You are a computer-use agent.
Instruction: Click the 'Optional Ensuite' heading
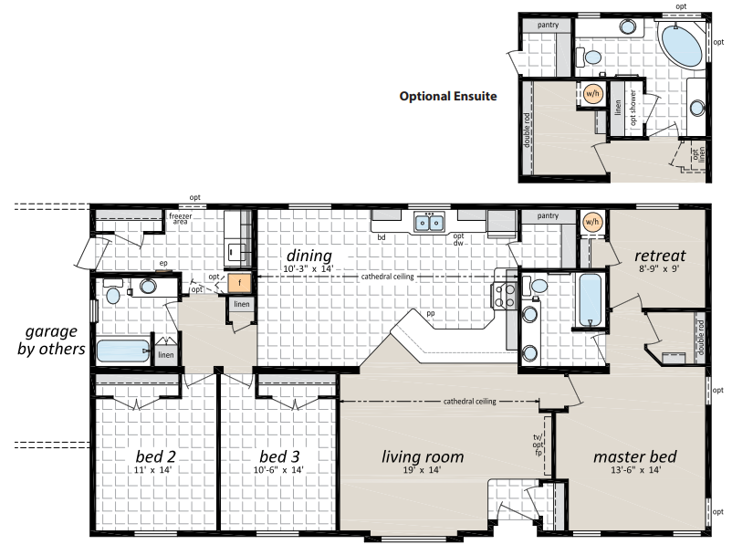click(448, 96)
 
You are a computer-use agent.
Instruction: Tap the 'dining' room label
click(309, 256)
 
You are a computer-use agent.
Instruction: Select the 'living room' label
click(423, 456)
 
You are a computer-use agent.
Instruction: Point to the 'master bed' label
click(635, 456)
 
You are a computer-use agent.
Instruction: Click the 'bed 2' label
click(155, 456)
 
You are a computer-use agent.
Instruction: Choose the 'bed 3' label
click(279, 456)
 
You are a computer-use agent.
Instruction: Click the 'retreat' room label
click(660, 256)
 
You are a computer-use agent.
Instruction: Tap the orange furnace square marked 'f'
click(240, 283)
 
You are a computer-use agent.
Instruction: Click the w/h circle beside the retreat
click(591, 222)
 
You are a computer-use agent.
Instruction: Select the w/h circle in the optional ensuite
click(592, 94)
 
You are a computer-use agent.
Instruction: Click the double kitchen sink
click(430, 223)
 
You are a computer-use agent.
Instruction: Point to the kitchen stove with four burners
click(504, 296)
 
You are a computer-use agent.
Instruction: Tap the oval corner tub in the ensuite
click(679, 46)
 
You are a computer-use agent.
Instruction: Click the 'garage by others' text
click(51, 340)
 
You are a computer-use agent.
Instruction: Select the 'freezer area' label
click(180, 218)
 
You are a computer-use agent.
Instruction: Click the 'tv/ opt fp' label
click(538, 445)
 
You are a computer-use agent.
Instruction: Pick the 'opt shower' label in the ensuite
click(633, 108)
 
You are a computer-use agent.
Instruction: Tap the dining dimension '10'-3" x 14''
click(308, 269)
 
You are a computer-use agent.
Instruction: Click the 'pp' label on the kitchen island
click(431, 314)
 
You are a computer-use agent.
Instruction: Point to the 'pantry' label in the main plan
click(548, 215)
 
